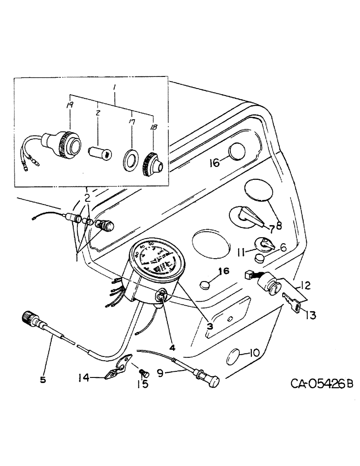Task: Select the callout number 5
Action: [43, 380]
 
